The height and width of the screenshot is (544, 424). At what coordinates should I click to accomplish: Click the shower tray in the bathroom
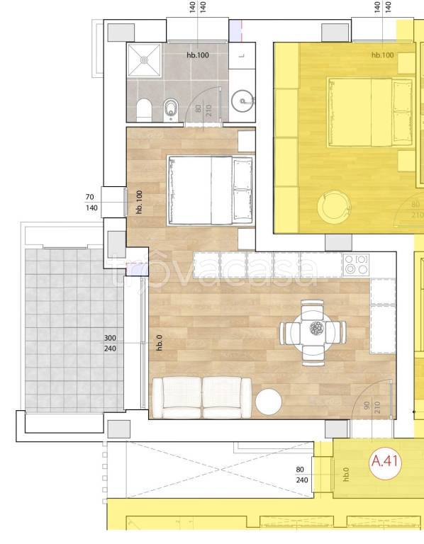click(144, 60)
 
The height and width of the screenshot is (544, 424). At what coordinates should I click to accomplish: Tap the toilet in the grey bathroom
click(144, 110)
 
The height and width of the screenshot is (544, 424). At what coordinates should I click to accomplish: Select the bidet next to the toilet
click(169, 110)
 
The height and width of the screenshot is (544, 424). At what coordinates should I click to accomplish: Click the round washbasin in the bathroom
click(242, 101)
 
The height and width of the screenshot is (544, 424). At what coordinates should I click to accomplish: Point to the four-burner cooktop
click(356, 265)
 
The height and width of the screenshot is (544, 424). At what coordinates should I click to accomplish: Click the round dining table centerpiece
click(316, 327)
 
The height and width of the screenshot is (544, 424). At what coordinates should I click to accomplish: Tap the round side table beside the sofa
click(269, 402)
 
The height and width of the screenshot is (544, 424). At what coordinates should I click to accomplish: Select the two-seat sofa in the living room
click(202, 397)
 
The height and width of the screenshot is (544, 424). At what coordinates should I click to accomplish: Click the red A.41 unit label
click(384, 461)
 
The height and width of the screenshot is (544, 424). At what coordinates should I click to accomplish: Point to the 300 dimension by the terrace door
click(110, 338)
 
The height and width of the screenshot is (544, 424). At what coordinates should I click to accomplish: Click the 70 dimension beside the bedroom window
click(89, 197)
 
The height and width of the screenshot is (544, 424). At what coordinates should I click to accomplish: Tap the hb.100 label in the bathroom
click(198, 55)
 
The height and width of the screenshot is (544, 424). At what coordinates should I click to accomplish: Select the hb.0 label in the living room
click(159, 342)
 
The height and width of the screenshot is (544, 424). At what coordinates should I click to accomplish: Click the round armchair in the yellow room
click(334, 207)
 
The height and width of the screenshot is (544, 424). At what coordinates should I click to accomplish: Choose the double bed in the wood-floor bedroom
click(211, 190)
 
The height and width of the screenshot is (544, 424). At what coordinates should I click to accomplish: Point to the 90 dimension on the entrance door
click(367, 406)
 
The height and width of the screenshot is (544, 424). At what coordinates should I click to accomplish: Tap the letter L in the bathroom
click(242, 55)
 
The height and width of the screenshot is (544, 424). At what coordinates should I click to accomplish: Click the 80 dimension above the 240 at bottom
click(300, 470)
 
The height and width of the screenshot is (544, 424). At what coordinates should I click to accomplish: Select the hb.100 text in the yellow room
click(383, 55)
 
